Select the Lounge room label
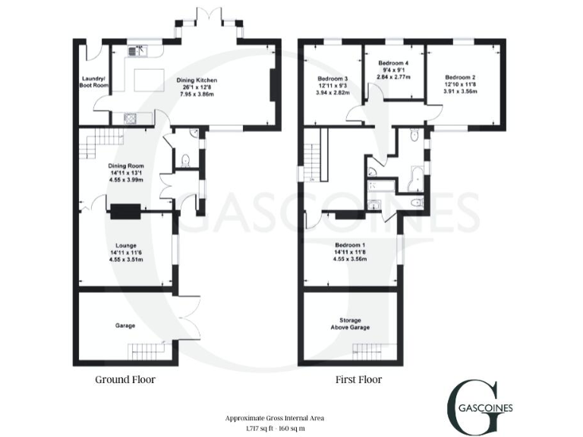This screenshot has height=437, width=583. point(126,245)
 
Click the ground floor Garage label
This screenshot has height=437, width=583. point(125,325)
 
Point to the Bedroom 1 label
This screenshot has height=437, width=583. point(351,245)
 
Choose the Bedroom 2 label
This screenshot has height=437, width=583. point(460,77)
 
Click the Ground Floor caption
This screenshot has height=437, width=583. point(125,379)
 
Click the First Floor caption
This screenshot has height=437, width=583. point(359,379)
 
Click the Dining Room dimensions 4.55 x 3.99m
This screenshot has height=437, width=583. point(121,180)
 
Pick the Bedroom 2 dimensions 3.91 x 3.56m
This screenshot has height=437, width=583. point(460,92)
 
